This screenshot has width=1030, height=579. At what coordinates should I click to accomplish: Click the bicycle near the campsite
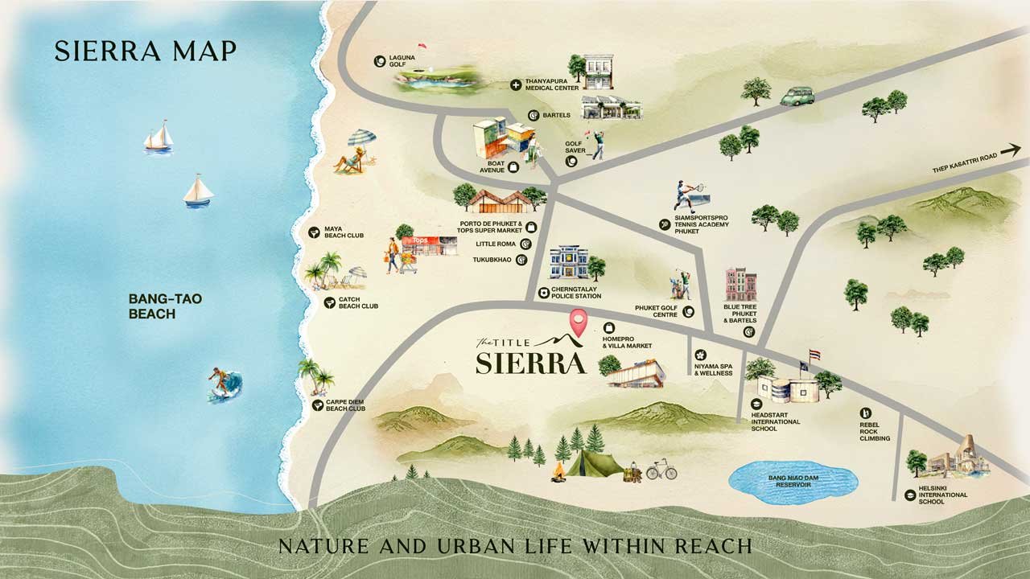[x=661, y=469]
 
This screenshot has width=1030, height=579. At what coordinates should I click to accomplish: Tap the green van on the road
[x=797, y=96]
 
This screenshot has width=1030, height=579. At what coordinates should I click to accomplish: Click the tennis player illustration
[x=686, y=198]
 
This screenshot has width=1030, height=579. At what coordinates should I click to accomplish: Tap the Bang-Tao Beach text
[x=153, y=306]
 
